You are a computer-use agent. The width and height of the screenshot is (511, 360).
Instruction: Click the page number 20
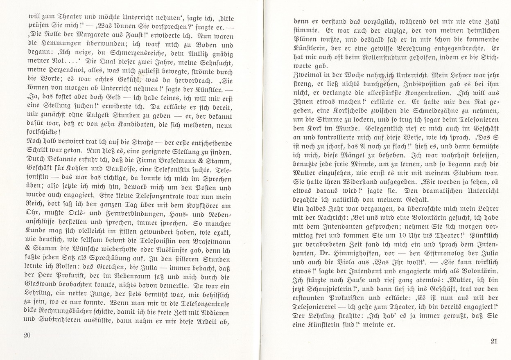(x=27, y=335)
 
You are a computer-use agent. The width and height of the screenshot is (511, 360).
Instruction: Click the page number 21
(x=493, y=341)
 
